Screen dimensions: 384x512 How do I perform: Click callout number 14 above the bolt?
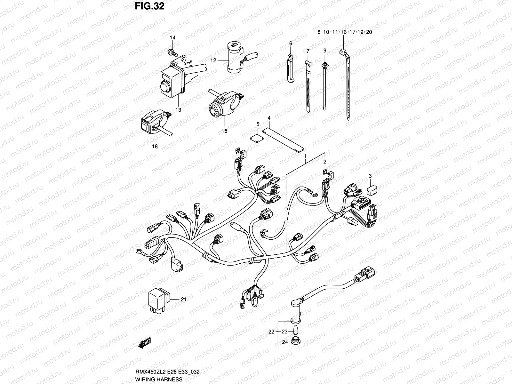pyautogui.click(x=172, y=38)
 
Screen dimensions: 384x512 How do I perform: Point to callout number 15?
pyautogui.click(x=224, y=131)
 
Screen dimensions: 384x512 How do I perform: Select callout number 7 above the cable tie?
pyautogui.click(x=308, y=51)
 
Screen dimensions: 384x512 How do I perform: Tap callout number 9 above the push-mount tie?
pyautogui.click(x=324, y=51)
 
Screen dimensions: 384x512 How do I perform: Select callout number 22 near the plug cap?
pyautogui.click(x=271, y=332)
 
